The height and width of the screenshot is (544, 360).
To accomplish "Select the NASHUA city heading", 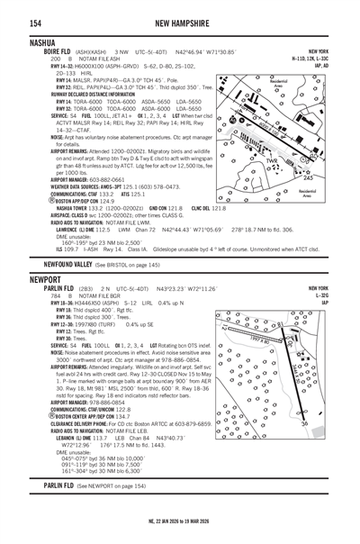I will point(22,42).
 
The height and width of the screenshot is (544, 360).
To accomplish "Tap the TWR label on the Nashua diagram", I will point(273,160).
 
